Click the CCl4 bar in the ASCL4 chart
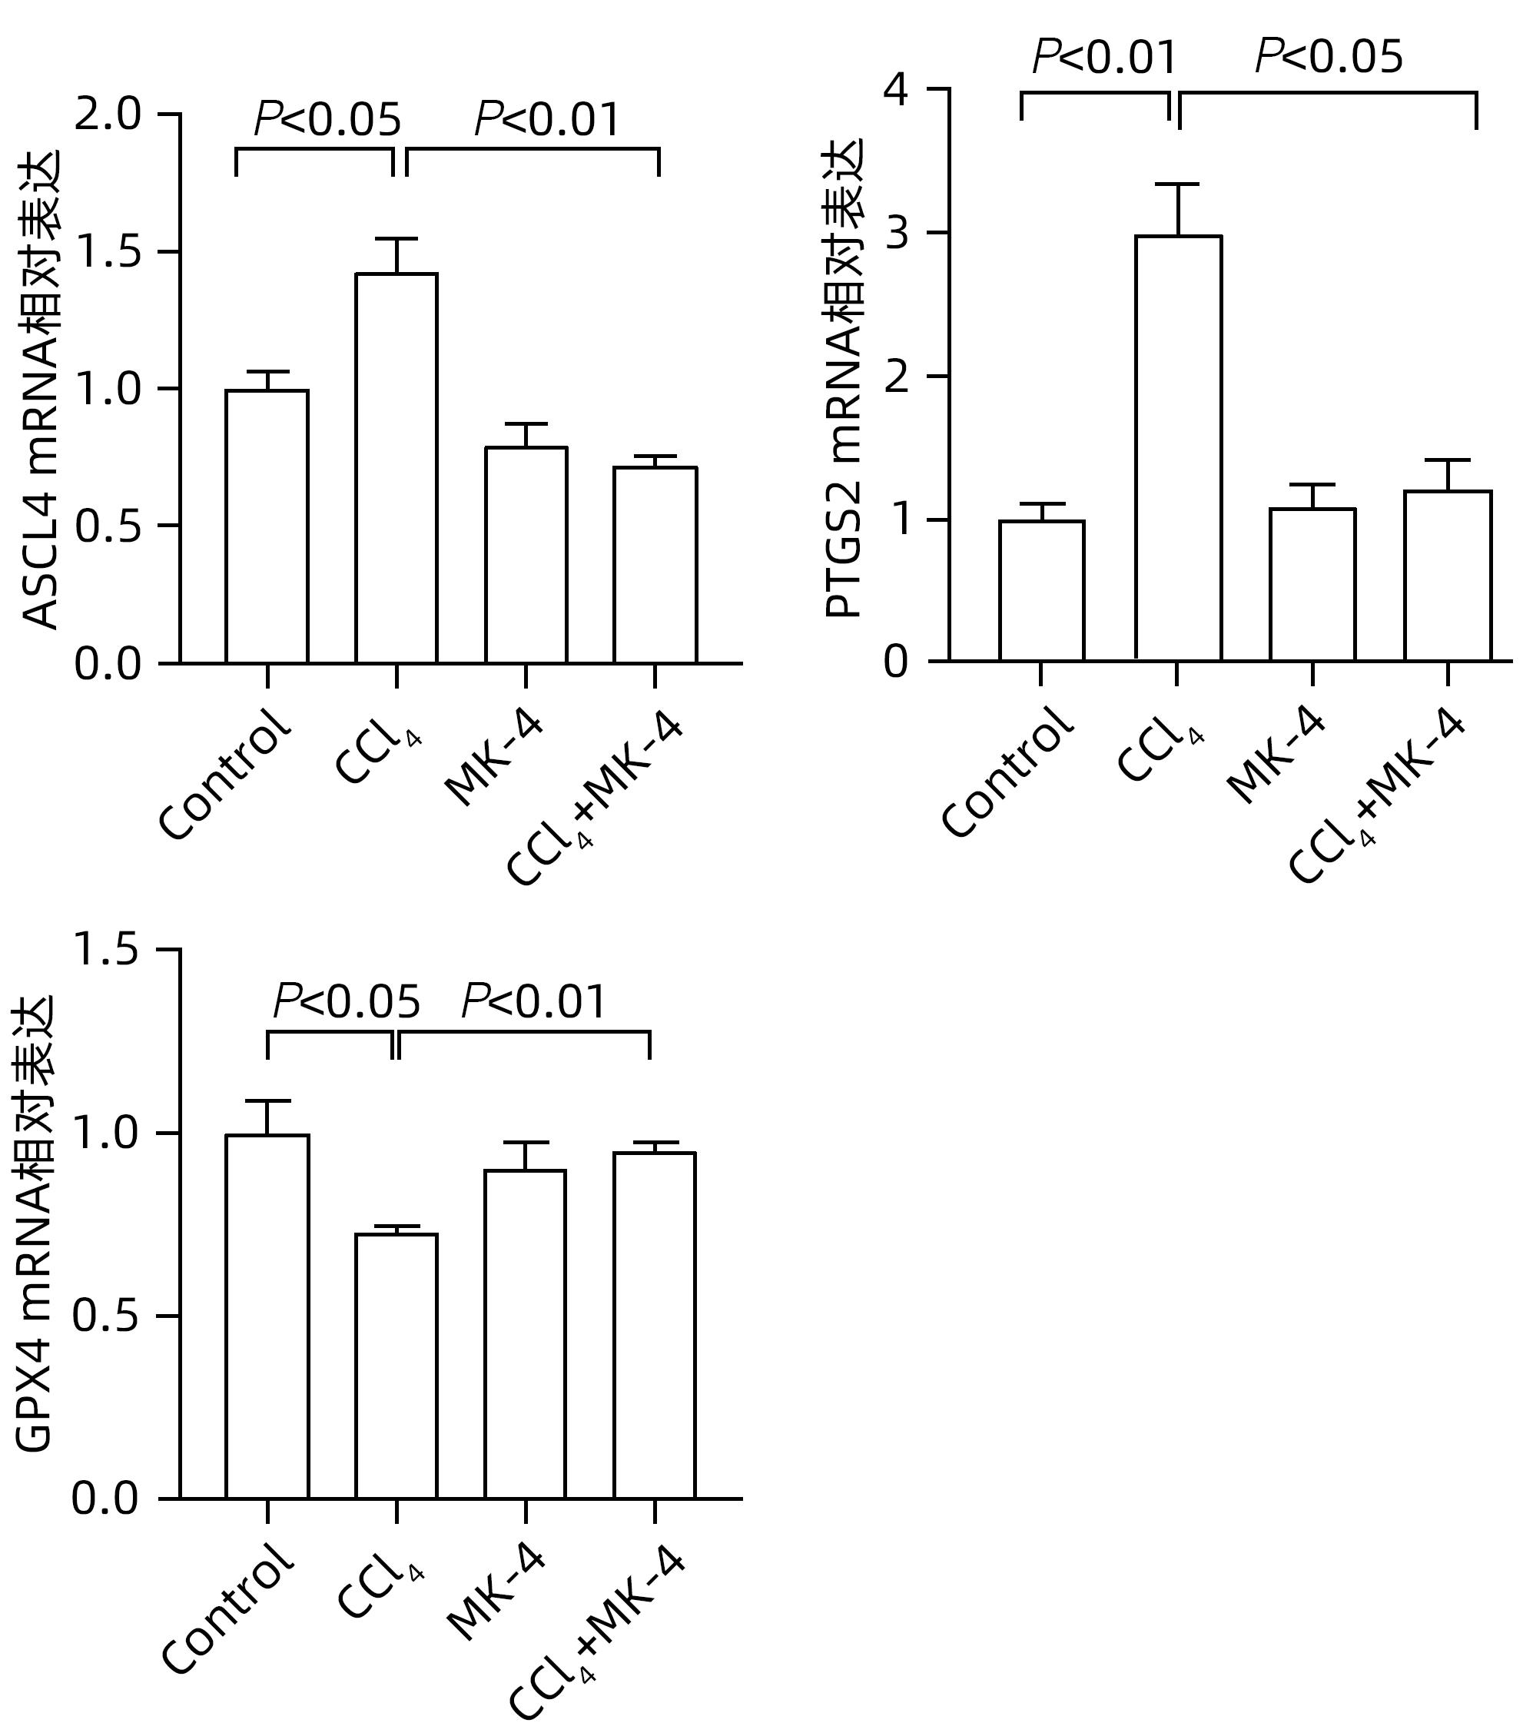(x=396, y=467)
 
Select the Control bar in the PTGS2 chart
(x=1040, y=590)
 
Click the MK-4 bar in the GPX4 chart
(x=525, y=1333)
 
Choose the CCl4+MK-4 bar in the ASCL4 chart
(x=655, y=565)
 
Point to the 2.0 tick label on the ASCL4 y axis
(x=107, y=115)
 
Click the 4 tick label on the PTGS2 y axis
(x=895, y=89)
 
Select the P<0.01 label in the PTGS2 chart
(x=1104, y=58)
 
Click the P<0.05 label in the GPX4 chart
(x=346, y=1001)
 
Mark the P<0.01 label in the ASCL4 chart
(x=547, y=119)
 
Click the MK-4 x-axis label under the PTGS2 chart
(x=1275, y=756)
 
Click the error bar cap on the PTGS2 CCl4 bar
(x=1177, y=184)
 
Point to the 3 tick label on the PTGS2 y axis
(x=895, y=233)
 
